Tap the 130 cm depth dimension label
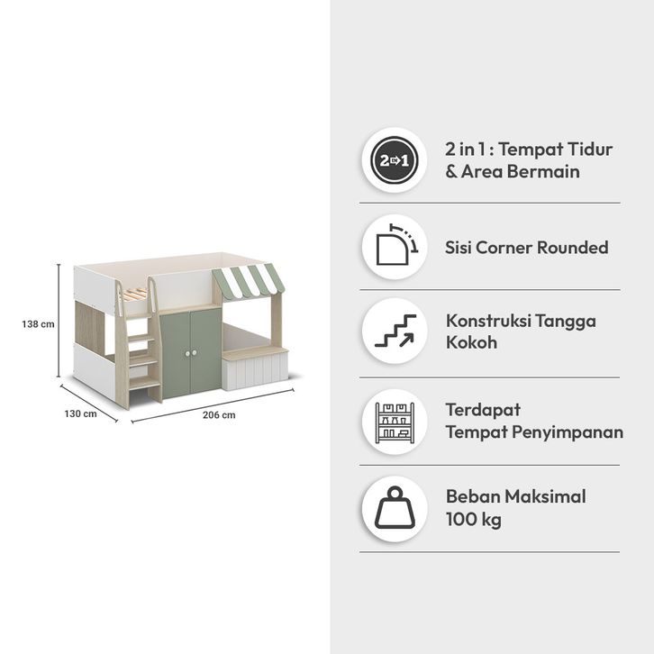(x=80, y=413)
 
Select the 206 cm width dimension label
(x=219, y=415)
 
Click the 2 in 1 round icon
(x=394, y=160)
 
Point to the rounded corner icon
(x=394, y=247)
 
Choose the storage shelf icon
(x=394, y=421)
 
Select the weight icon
(x=394, y=508)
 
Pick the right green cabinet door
(x=205, y=351)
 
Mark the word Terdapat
(x=483, y=409)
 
